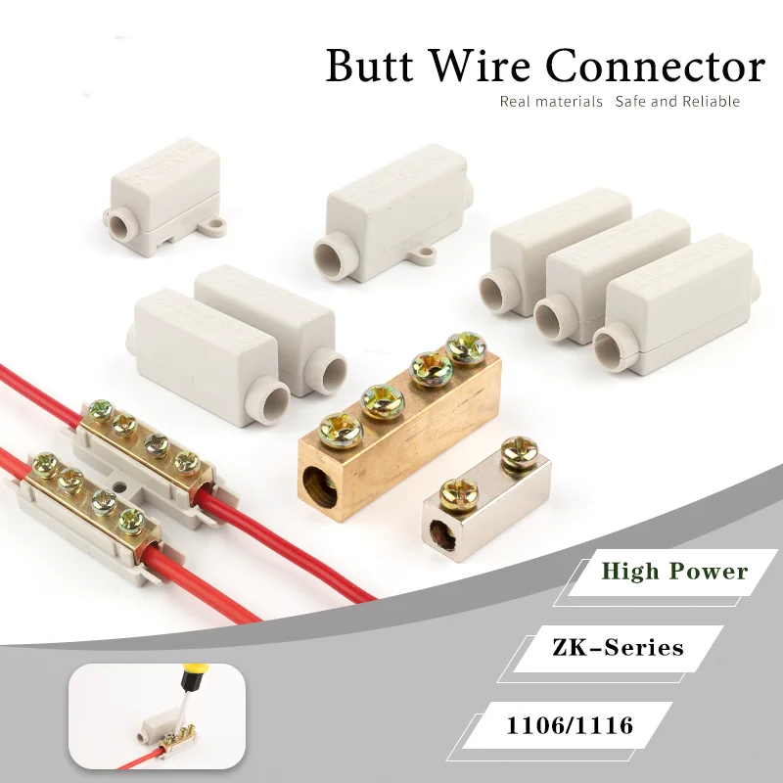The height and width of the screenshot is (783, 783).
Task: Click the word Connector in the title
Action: pos(655,67)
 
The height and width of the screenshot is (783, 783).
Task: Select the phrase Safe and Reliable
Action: pos(677,102)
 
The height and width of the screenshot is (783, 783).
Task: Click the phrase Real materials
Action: pos(551,102)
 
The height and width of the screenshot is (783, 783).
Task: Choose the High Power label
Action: pos(674,572)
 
